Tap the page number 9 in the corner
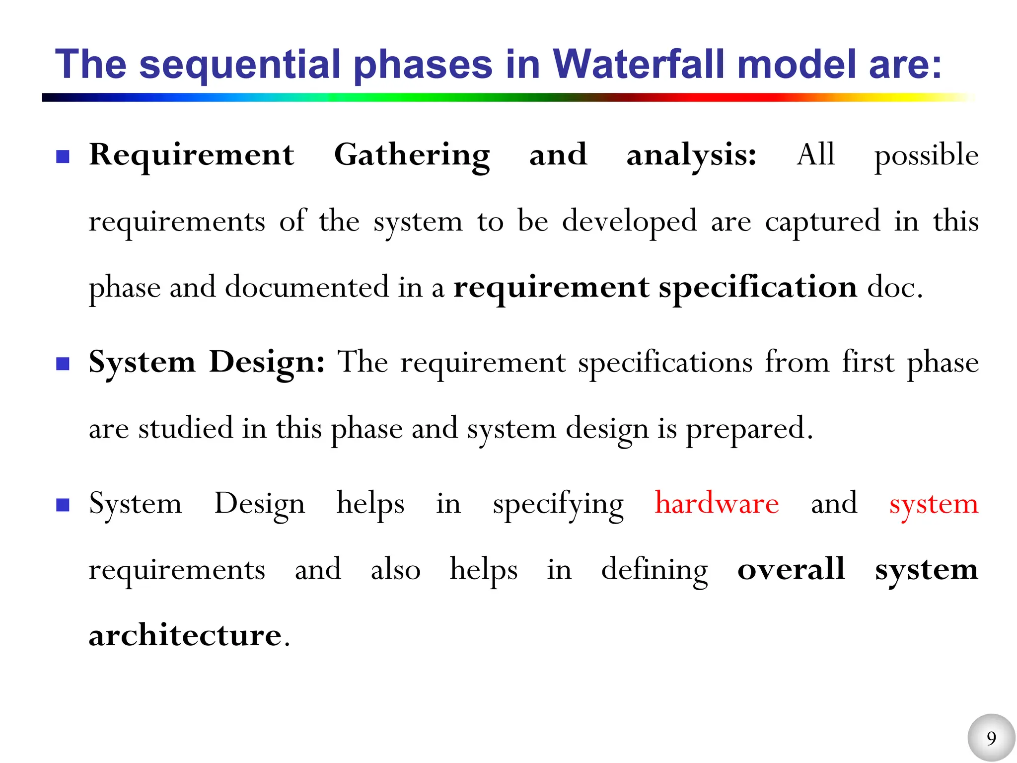pyautogui.click(x=991, y=738)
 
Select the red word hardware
pyautogui.click(x=717, y=503)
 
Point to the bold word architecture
pyautogui.click(x=185, y=635)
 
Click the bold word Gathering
pyautogui.click(x=412, y=155)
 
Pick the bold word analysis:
pyautogui.click(x=691, y=155)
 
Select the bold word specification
pyautogui.click(x=758, y=288)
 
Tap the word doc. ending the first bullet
pyautogui.click(x=895, y=288)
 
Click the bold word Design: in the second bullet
pyautogui.click(x=267, y=362)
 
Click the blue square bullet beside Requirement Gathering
pyautogui.click(x=63, y=157)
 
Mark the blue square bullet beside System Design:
pyautogui.click(x=63, y=364)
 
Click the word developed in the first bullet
pyautogui.click(x=629, y=222)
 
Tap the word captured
pyautogui.click(x=822, y=222)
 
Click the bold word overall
pyautogui.click(x=791, y=569)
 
